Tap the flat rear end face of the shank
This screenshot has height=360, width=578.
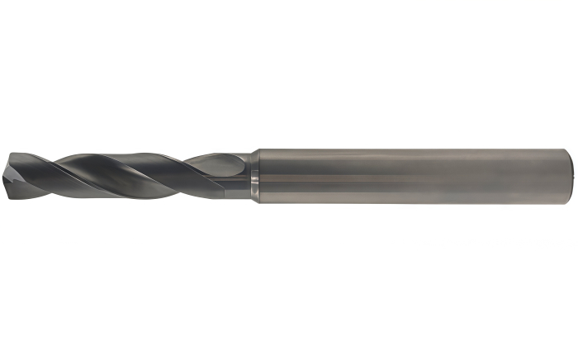(x=572, y=176)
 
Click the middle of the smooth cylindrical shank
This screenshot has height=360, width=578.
(x=413, y=176)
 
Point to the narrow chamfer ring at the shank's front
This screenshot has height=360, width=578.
(x=256, y=176)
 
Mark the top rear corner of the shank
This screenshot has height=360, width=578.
(x=568, y=150)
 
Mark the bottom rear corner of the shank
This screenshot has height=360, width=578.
(x=568, y=201)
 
